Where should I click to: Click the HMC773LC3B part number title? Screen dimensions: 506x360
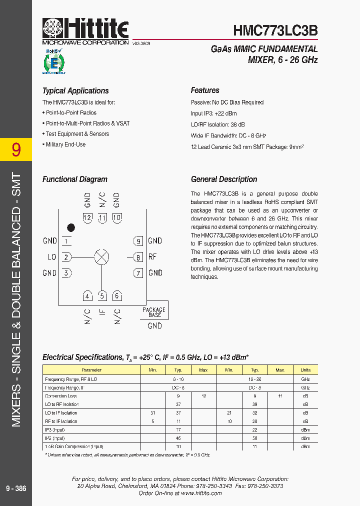[x=275, y=30]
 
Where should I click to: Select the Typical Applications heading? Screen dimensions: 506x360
[x=75, y=90]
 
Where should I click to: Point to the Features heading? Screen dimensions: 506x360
[x=205, y=90]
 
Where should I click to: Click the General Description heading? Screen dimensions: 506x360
[x=224, y=179]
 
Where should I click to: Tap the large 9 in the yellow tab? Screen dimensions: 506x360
[x=16, y=149]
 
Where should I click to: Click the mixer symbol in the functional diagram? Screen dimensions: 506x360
[x=102, y=257]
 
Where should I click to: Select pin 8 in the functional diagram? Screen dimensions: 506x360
[x=137, y=257]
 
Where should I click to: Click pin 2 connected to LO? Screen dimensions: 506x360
[x=66, y=257]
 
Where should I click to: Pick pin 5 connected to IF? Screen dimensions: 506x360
[x=102, y=295]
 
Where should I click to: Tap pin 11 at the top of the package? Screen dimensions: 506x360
[x=102, y=217]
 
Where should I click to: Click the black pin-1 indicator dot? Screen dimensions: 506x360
[x=71, y=227]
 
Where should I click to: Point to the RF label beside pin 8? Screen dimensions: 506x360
[x=152, y=257]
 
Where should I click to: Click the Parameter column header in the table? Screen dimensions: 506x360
[x=91, y=370]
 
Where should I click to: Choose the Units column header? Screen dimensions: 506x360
[x=305, y=370]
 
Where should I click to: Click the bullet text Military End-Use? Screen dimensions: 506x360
[x=65, y=144]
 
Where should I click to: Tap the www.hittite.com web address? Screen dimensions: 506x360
[x=201, y=493]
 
